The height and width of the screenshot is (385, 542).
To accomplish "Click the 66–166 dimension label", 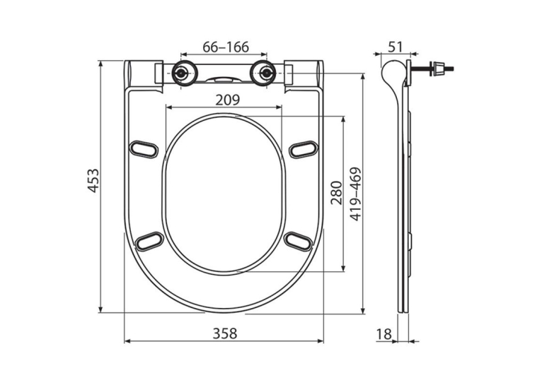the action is pyautogui.click(x=226, y=47).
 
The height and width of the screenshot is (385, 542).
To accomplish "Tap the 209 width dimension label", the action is pyautogui.click(x=227, y=100).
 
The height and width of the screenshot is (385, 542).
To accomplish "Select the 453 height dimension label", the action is pyautogui.click(x=93, y=180).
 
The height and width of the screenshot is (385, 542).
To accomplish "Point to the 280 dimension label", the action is pyautogui.click(x=336, y=193).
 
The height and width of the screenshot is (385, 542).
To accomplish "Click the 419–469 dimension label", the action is pyautogui.click(x=355, y=194).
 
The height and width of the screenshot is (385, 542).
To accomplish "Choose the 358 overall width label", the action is pyautogui.click(x=225, y=333).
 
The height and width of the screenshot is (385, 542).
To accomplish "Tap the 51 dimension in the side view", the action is pyautogui.click(x=395, y=47).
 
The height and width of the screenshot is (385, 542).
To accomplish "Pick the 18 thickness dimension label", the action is pyautogui.click(x=384, y=334).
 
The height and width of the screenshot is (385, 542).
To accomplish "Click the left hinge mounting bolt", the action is pyautogui.click(x=180, y=73).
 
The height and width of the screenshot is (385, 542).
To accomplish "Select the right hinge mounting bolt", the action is pyautogui.click(x=266, y=73).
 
